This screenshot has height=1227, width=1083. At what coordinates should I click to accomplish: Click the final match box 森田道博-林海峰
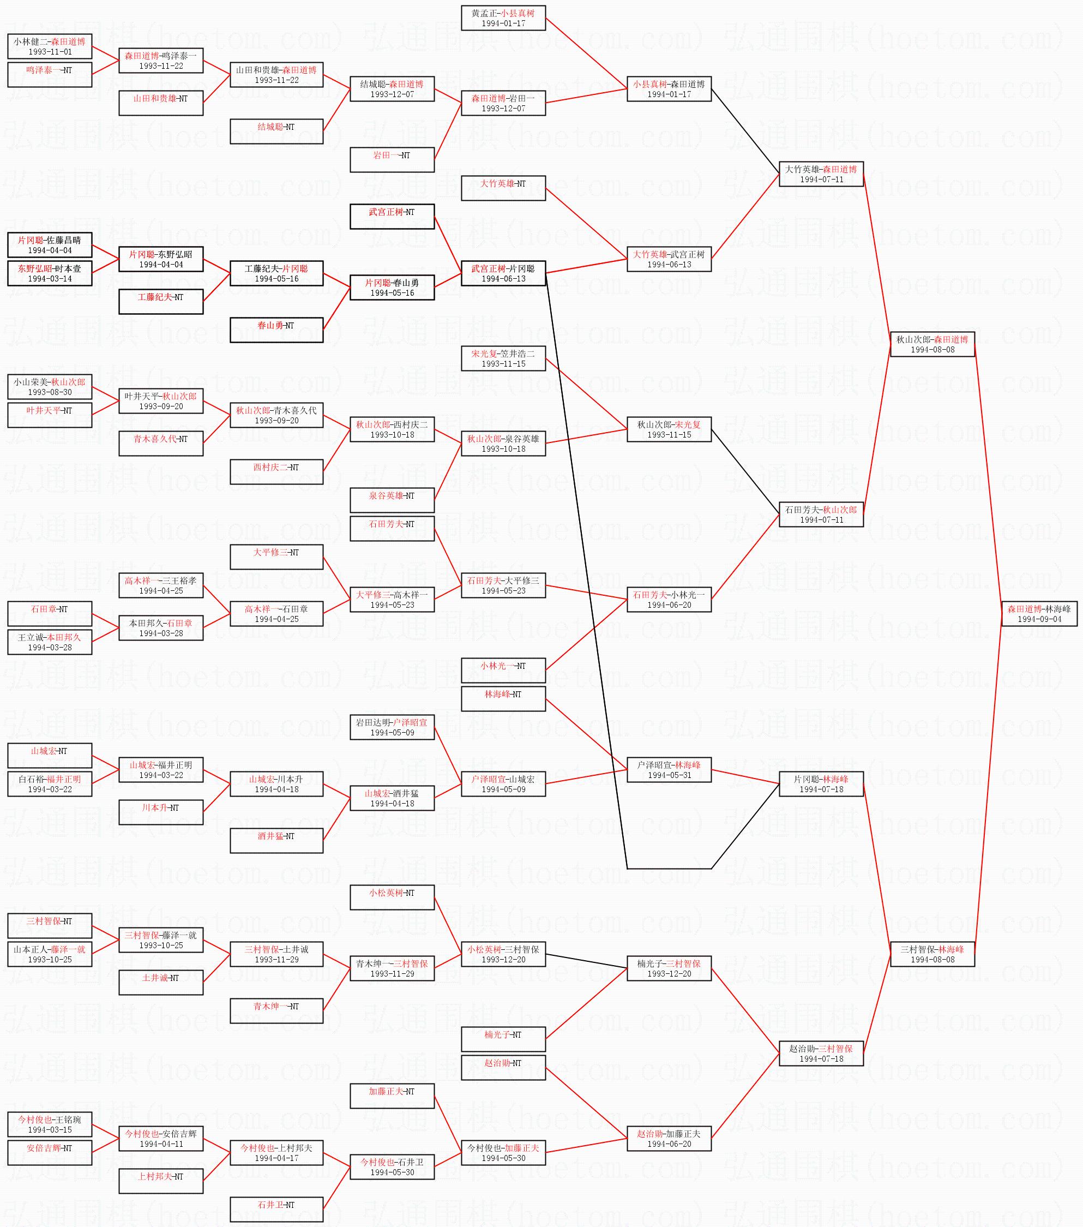1039,613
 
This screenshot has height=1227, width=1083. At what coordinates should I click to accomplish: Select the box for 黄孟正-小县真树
503,18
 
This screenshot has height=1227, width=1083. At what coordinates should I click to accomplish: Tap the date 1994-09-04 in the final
1039,619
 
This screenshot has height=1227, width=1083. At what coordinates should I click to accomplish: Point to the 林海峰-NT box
503,699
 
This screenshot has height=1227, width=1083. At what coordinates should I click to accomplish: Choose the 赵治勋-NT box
503,1067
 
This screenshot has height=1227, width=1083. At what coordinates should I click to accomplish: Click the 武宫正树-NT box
392,216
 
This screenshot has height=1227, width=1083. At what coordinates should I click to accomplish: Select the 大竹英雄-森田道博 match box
821,174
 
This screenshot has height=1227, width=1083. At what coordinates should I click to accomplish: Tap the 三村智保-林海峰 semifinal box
932,954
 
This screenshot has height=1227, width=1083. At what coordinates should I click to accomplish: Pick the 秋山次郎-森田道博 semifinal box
932,344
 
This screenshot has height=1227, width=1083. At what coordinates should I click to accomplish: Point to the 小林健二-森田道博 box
50,46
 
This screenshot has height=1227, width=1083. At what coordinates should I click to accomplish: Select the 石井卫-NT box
276,1209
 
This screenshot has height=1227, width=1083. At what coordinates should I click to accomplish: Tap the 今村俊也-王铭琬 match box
50,1124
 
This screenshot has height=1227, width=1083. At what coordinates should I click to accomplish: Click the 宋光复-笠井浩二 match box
503,358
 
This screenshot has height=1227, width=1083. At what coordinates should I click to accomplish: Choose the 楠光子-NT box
503,1039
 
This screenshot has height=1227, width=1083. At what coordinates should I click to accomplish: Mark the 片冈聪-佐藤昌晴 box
50,245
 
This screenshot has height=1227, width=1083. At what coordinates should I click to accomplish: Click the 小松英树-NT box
392,897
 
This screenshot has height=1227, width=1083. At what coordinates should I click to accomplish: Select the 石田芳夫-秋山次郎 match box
821,514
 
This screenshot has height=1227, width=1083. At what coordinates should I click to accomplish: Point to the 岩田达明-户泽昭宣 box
392,727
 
